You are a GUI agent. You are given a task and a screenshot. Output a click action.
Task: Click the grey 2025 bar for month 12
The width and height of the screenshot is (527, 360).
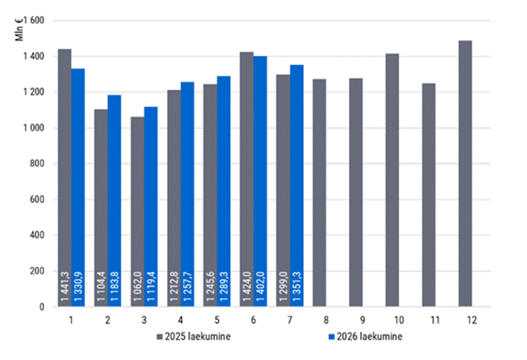point(465,174)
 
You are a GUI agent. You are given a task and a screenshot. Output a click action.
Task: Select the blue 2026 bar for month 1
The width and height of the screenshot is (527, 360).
point(78,188)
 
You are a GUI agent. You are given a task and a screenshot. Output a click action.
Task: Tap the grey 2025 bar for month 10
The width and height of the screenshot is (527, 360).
point(392,180)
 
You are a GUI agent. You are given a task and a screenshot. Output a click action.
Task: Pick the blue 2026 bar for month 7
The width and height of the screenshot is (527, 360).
point(297,185)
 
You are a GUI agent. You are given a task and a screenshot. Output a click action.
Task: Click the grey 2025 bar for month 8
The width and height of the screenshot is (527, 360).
point(319,193)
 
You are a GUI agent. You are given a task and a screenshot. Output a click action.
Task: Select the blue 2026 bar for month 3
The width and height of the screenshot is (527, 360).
point(151,207)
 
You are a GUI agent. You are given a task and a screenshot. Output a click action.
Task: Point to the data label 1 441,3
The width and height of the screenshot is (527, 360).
point(65,286)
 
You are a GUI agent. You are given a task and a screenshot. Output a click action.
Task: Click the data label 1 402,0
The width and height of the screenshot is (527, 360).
point(261,286)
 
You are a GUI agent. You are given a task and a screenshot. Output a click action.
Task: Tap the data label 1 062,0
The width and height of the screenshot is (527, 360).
point(138,286)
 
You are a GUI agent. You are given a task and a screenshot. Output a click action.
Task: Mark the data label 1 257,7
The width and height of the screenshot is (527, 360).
point(188,286)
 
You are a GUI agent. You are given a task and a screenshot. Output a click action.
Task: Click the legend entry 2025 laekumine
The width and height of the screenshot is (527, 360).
point(193,337)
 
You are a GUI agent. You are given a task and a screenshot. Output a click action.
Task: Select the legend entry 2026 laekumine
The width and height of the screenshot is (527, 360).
point(365,337)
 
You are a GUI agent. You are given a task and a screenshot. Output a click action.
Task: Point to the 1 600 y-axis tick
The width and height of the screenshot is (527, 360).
point(34,20)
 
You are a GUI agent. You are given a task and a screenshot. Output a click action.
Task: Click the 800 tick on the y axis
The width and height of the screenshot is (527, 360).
point(37,164)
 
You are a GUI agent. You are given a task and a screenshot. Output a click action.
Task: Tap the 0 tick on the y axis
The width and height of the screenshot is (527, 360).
point(41,307)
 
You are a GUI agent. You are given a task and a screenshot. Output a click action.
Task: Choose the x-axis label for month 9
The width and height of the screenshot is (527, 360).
point(362,320)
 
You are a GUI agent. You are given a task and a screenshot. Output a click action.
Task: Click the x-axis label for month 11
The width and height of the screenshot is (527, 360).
point(435,320)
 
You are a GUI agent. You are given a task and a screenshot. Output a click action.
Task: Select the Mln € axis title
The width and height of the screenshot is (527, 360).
point(19,30)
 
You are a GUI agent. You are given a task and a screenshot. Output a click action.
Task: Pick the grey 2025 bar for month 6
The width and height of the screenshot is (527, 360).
point(247,179)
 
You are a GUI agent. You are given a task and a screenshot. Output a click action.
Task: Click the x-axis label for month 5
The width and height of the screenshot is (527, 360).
point(217,320)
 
